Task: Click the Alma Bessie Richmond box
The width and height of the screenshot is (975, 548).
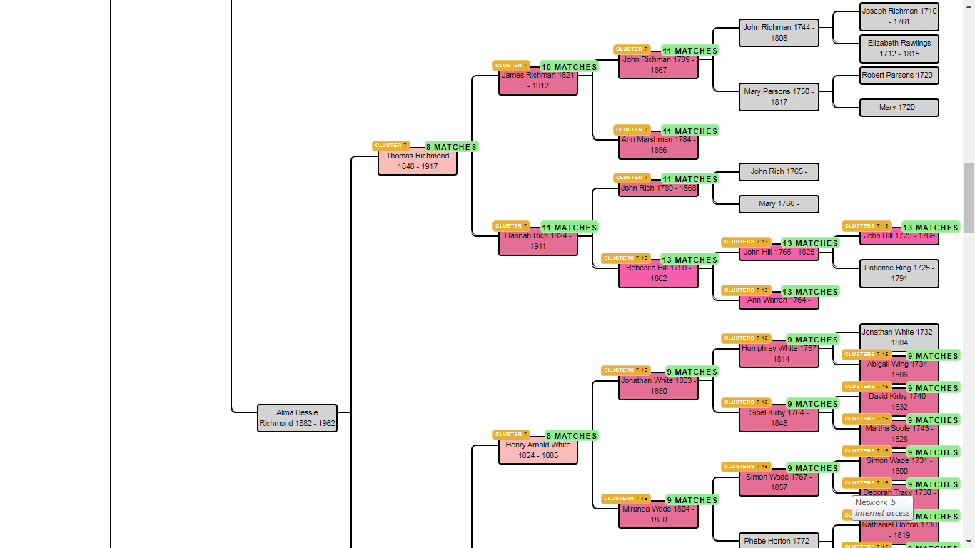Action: coord(297,418)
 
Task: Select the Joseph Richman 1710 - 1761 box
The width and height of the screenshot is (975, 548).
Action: coord(899,16)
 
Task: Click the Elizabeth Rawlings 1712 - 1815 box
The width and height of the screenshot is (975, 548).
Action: coord(899,49)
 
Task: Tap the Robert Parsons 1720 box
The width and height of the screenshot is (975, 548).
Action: coord(899,76)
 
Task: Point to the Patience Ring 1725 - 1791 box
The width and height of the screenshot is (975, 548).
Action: coord(899,273)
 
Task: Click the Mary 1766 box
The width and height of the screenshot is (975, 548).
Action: coord(779,204)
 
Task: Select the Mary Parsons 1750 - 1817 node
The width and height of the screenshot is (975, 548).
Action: coord(779,97)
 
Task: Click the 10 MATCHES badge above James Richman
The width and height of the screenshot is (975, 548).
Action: coord(569,67)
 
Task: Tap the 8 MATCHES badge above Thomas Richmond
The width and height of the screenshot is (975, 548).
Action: coord(451,147)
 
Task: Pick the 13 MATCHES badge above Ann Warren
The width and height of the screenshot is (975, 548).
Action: coord(810,292)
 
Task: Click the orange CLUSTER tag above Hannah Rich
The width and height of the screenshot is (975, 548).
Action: coord(511,226)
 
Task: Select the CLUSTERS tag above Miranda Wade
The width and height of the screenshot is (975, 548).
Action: coord(625,499)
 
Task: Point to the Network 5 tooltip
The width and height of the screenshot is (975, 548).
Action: coord(882,507)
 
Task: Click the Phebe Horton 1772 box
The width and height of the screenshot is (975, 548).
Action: coord(779,541)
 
